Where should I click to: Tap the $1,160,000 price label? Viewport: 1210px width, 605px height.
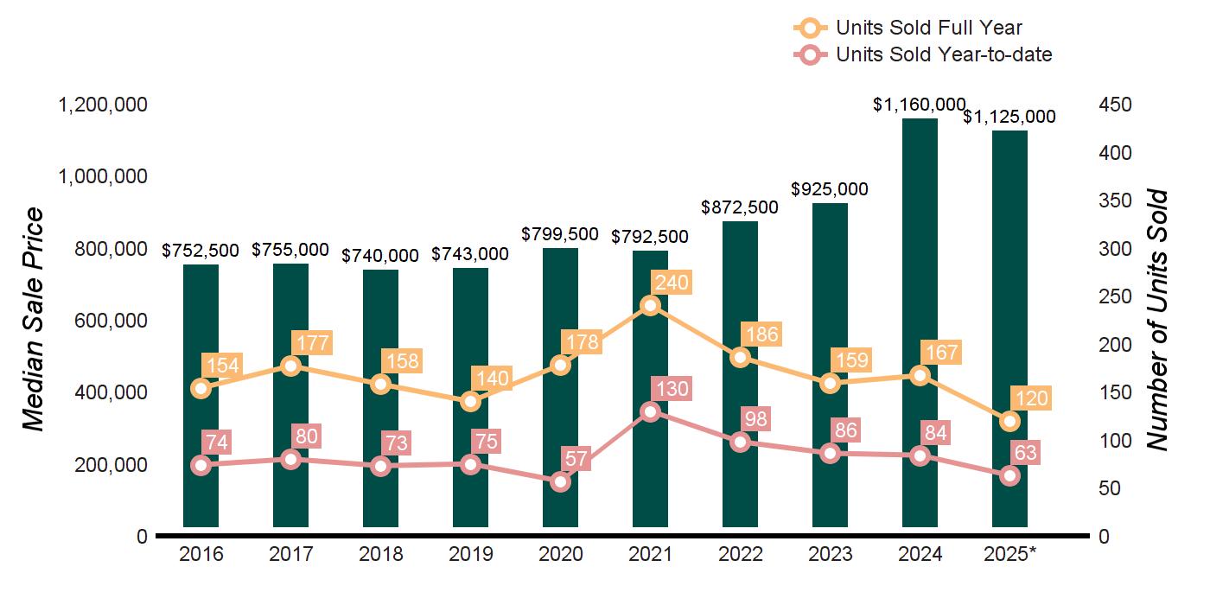(x=919, y=105)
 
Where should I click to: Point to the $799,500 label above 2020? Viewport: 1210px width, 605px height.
(x=559, y=234)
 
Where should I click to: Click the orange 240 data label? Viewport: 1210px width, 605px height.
(x=672, y=283)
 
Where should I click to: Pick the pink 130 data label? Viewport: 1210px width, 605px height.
(x=672, y=389)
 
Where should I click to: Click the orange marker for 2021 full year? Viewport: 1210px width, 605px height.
(x=651, y=305)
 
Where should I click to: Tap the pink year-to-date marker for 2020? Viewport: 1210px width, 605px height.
(x=561, y=481)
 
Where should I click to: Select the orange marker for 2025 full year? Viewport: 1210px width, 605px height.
(x=1009, y=421)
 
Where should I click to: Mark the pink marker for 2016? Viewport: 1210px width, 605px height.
(x=201, y=465)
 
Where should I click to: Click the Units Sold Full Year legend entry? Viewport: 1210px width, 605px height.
(x=916, y=29)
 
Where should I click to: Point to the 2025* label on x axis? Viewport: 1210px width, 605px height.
(x=1009, y=554)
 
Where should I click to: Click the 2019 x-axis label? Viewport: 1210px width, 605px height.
(x=470, y=554)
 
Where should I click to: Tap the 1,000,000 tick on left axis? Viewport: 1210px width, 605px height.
(x=102, y=177)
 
